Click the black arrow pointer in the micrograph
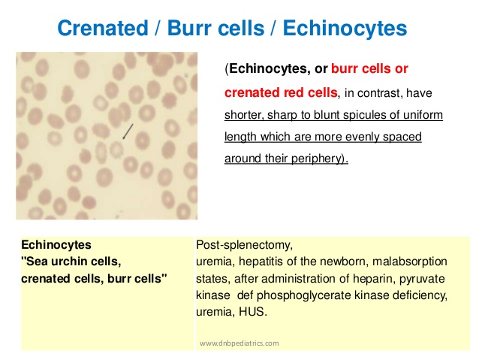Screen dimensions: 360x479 click(128, 132)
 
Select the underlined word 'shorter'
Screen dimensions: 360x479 click(245, 115)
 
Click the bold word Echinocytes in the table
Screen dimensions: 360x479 click(57, 245)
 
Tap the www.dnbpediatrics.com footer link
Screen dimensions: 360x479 click(239, 343)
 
